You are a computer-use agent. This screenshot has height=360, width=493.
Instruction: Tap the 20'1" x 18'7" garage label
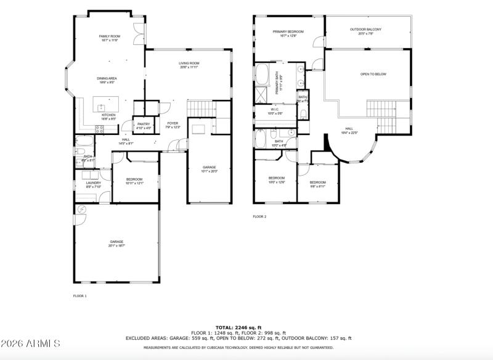[x=116, y=243]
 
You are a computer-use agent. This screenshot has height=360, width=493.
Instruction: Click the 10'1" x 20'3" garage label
[x=210, y=169]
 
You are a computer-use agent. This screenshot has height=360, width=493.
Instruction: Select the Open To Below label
[x=373, y=74]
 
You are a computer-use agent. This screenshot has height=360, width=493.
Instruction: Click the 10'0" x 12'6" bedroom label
[x=276, y=179]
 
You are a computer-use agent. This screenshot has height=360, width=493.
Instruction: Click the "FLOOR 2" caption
[x=259, y=217]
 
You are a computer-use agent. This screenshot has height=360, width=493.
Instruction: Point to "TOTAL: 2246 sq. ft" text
[x=238, y=327]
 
